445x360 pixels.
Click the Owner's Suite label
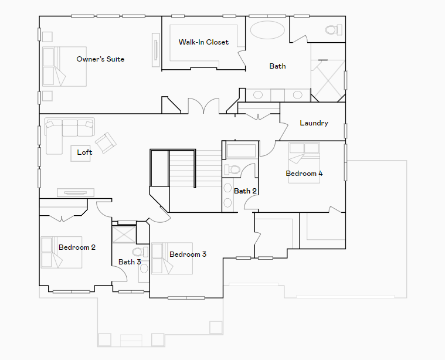(100, 59)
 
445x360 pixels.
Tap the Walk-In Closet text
(203, 42)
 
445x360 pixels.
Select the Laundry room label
(314, 123)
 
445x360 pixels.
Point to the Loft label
(85, 152)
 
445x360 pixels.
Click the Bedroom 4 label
(304, 174)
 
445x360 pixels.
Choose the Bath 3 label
(130, 262)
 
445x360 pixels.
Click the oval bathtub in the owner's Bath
(268, 30)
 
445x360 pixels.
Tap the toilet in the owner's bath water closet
(331, 29)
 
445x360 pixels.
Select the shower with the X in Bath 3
(124, 234)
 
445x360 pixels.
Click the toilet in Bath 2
(233, 170)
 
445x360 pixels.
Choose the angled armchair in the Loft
(106, 142)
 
